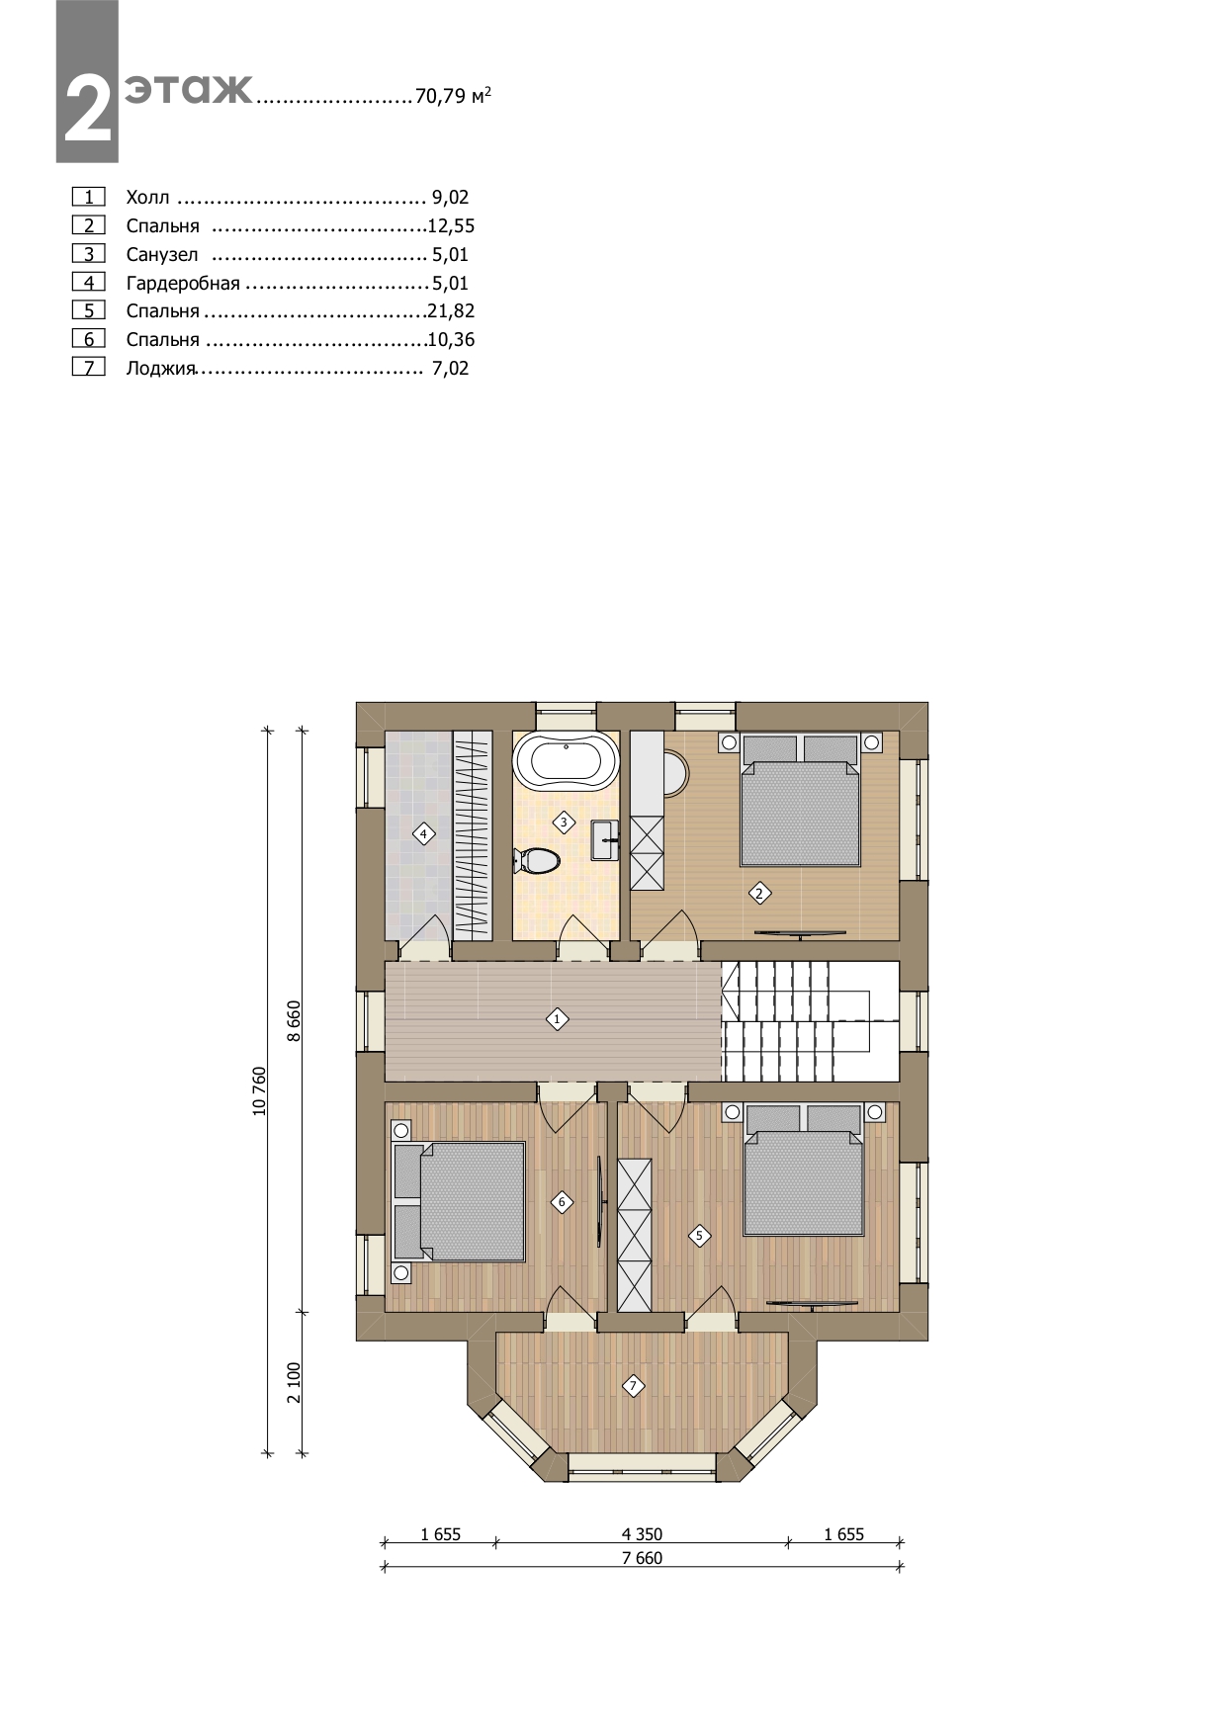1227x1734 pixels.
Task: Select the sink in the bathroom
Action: pos(605,841)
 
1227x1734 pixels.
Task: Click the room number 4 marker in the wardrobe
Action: pos(423,834)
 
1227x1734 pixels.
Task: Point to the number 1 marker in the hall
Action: pos(557,1018)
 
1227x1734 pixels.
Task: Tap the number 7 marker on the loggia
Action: pos(633,1386)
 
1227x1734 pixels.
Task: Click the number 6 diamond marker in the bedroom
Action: pos(562,1202)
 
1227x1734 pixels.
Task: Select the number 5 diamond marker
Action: pos(699,1235)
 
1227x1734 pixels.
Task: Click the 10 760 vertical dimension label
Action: pos(260,1091)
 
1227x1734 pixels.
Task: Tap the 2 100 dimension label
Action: pos(294,1382)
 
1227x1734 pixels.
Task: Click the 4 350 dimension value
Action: pos(642,1534)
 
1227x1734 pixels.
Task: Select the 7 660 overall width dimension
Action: pos(642,1559)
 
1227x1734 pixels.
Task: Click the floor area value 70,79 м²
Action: pos(453,96)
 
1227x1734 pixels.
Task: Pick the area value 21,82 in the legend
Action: pos(451,311)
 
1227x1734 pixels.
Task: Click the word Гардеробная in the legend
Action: pos(183,284)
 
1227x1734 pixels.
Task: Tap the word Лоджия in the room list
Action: pos(160,370)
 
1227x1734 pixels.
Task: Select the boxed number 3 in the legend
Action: pos(89,254)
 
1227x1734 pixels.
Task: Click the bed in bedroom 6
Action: pos(460,1201)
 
